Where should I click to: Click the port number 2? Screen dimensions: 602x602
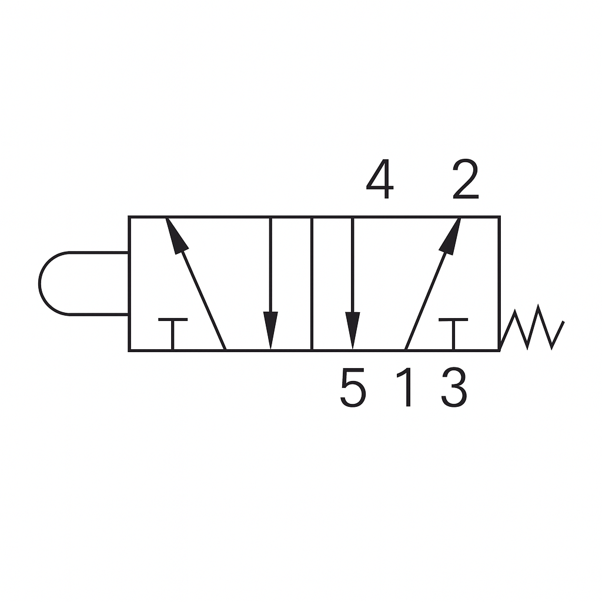pos(466,179)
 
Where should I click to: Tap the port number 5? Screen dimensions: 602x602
pos(353,387)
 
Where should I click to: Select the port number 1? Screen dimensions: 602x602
pos(406,387)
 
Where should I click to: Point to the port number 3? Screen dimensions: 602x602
pos(454,387)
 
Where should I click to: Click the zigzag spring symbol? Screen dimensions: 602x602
pos(533,327)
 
